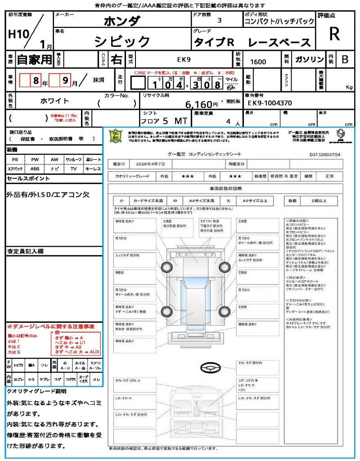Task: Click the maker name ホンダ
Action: pos(122,21)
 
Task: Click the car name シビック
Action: pos(122,41)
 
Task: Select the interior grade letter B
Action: pos(345,59)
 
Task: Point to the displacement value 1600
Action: pos(258,62)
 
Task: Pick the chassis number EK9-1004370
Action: pos(270,103)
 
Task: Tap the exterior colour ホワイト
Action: pos(56,101)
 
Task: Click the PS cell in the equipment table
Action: pos(15,160)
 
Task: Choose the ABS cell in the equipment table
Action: pos(35,169)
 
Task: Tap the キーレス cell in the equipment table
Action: pos(93,169)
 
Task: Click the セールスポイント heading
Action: pos(28,179)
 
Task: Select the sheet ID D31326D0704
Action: pos(325,154)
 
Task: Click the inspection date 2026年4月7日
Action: pos(153,163)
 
